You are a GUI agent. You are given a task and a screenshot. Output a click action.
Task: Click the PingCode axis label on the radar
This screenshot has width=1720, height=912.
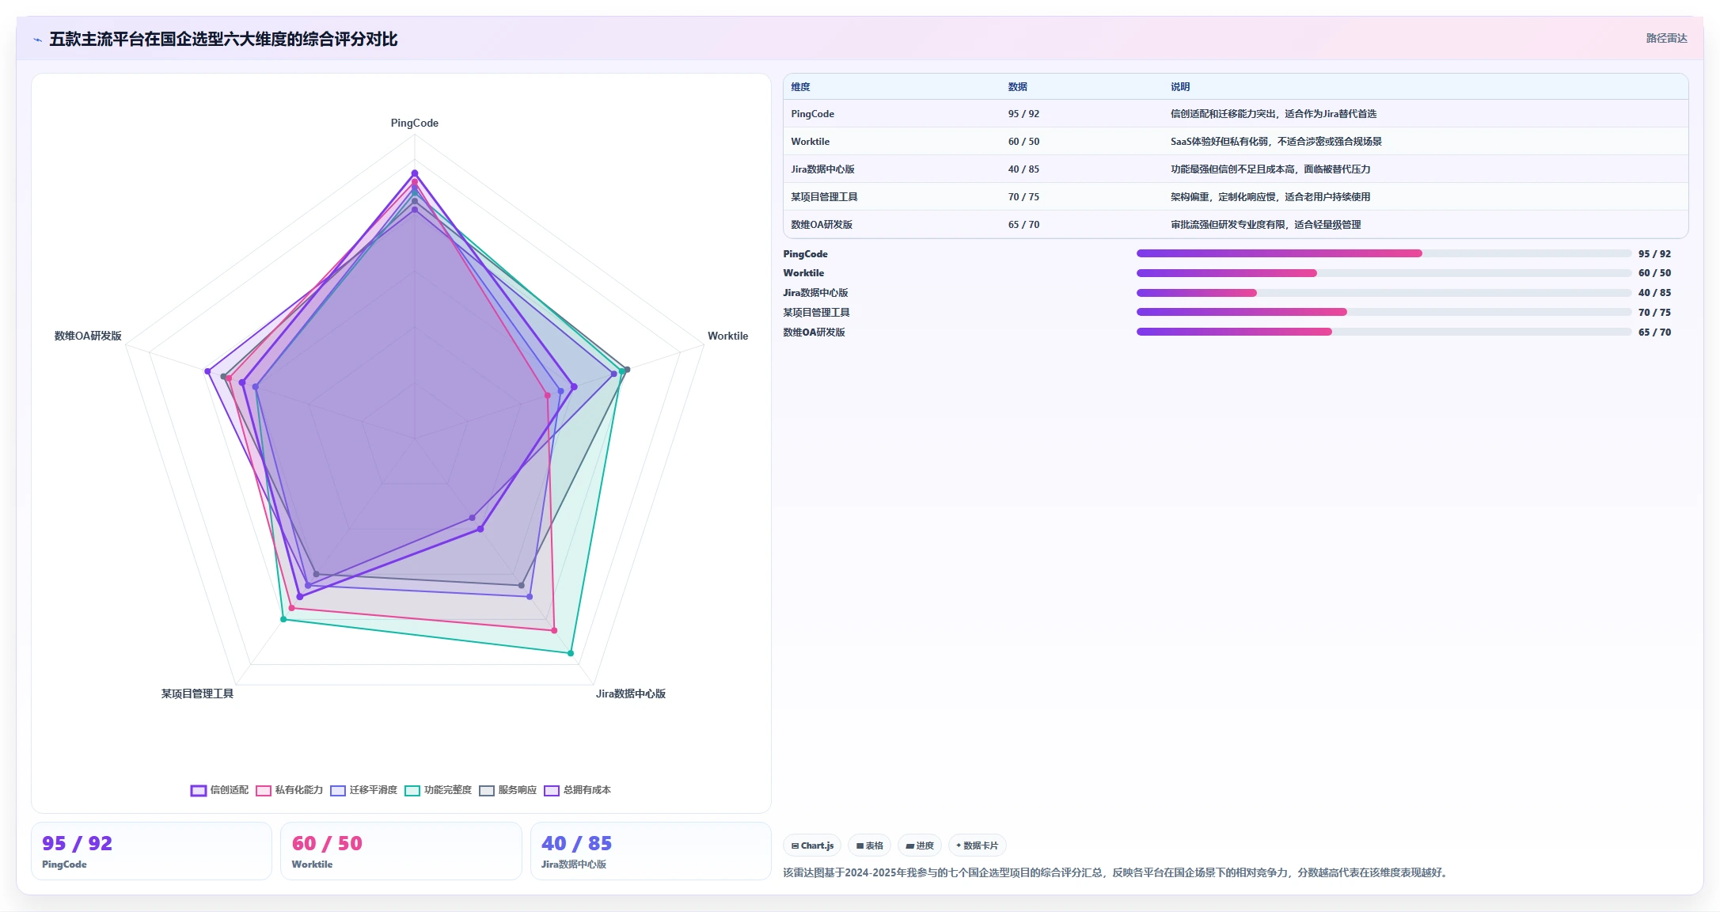pyautogui.click(x=414, y=123)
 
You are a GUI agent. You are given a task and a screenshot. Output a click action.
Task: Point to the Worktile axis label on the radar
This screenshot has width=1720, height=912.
pyautogui.click(x=727, y=336)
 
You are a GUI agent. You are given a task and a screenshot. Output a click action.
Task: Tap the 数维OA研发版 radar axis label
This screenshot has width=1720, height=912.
pyautogui.click(x=88, y=336)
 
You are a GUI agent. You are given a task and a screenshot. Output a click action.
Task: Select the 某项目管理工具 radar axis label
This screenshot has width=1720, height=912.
pyautogui.click(x=197, y=693)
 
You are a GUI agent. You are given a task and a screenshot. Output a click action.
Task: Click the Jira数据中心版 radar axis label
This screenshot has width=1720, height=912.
pyautogui.click(x=631, y=693)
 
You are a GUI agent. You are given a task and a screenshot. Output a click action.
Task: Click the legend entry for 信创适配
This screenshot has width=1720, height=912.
pyautogui.click(x=219, y=790)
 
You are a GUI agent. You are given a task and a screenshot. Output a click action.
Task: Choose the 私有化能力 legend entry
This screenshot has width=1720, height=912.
pyautogui.click(x=289, y=790)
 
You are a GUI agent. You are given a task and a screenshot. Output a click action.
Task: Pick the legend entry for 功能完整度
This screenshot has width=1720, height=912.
pyautogui.click(x=438, y=790)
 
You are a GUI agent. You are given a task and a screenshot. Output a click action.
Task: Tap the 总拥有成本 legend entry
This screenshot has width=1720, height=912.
pyautogui.click(x=577, y=790)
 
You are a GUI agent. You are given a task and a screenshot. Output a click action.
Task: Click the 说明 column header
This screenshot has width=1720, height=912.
pyautogui.click(x=1180, y=87)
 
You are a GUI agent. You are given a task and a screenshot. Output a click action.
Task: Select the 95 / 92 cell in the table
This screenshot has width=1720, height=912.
pyautogui.click(x=1023, y=114)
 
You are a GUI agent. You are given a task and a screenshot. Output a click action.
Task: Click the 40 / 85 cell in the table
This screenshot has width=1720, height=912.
pyautogui.click(x=1023, y=169)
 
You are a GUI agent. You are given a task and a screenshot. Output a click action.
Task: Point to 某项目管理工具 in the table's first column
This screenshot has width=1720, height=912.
pyautogui.click(x=824, y=197)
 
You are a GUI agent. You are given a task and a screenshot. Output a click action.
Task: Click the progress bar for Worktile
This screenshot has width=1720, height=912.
pyautogui.click(x=1384, y=273)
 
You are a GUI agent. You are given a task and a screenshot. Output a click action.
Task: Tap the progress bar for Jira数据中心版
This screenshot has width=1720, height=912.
pyautogui.click(x=1384, y=293)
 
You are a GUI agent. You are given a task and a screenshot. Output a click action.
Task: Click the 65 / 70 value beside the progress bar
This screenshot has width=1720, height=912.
pyautogui.click(x=1654, y=332)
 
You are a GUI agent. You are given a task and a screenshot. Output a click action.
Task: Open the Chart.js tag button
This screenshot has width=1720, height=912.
pyautogui.click(x=812, y=845)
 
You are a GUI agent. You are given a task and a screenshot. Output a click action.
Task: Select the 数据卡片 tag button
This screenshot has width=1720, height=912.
pyautogui.click(x=977, y=845)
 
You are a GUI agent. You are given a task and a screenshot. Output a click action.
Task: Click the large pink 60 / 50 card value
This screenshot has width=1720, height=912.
pyautogui.click(x=327, y=844)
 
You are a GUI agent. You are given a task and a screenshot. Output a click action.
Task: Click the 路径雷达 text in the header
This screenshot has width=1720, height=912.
pyautogui.click(x=1666, y=38)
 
